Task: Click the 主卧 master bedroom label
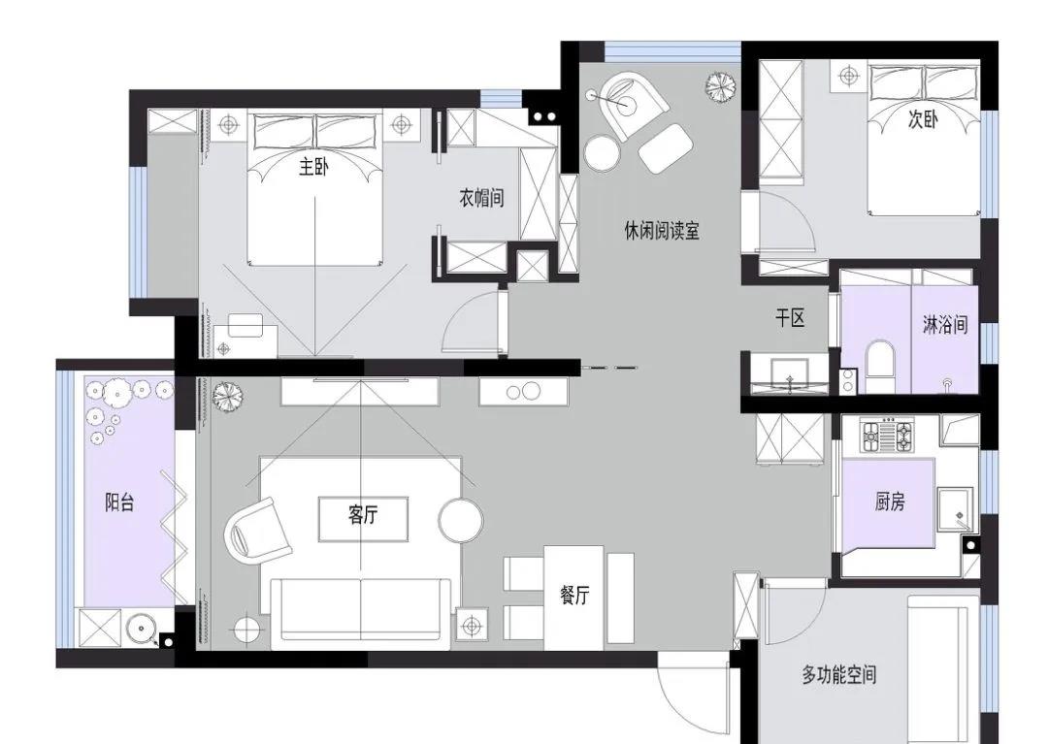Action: (x=312, y=167)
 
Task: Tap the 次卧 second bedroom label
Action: (x=923, y=119)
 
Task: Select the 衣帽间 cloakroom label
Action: (x=481, y=198)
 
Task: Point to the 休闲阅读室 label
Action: (x=662, y=231)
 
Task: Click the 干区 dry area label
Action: (x=790, y=318)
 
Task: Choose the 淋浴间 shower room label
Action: (x=945, y=325)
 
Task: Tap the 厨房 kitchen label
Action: (x=890, y=501)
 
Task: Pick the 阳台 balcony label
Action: (x=119, y=501)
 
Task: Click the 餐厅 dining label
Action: (x=574, y=595)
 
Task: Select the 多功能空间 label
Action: (x=838, y=674)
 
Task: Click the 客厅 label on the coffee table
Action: (x=363, y=514)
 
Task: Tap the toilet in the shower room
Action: (x=879, y=368)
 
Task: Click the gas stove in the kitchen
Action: (x=887, y=437)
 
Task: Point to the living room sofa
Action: (x=361, y=612)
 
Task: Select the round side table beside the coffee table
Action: (x=461, y=520)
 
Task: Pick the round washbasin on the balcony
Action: (x=142, y=629)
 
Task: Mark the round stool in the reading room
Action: (x=603, y=153)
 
